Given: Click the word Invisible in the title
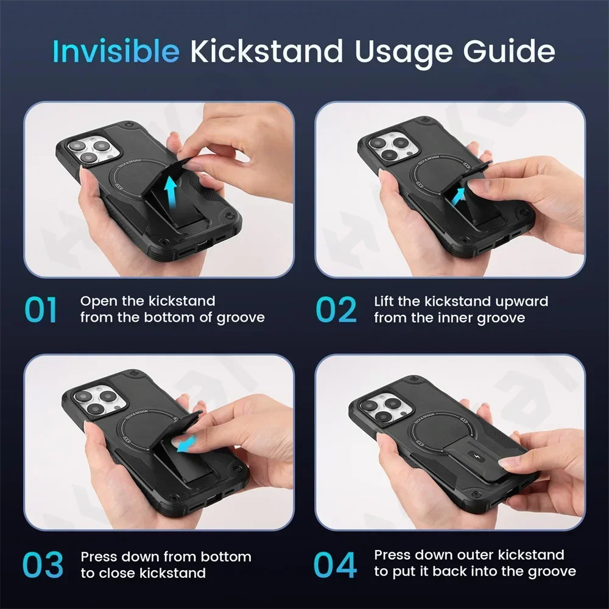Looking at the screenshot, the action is (x=116, y=51).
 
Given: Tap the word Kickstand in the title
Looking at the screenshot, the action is (x=267, y=51).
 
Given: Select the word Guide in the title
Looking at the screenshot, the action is (x=509, y=51).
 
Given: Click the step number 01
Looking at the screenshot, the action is (x=41, y=309).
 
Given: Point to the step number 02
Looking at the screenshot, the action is (x=336, y=309).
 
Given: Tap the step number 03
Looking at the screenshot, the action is (x=43, y=565).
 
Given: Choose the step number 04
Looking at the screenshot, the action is (x=335, y=565).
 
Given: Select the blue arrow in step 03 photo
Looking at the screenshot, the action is (x=186, y=444).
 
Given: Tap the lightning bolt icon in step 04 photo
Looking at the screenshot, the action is (x=477, y=455).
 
